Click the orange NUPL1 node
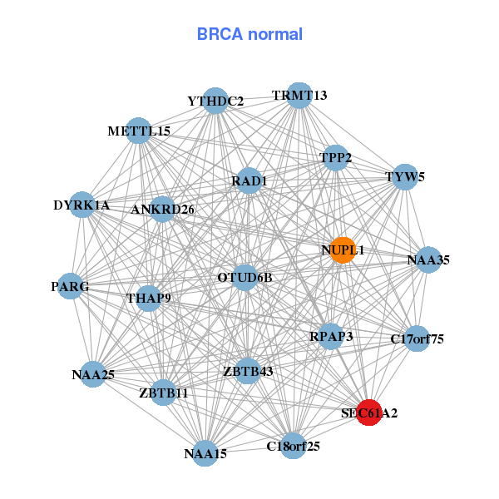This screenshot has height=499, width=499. point(343,250)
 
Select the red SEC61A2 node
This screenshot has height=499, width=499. point(369,413)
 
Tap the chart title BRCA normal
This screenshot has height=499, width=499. point(249,34)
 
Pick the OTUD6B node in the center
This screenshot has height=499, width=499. point(245,277)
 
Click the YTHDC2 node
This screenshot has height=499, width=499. point(215,101)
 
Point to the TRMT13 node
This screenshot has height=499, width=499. point(299,96)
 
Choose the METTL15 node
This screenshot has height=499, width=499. point(139,131)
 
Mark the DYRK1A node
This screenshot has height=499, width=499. point(82,205)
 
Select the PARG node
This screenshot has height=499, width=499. point(70,286)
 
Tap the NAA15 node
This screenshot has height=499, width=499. point(205,453)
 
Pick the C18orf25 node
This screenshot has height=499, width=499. point(293,446)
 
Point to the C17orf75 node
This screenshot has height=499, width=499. point(417,338)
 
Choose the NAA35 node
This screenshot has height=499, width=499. point(428,260)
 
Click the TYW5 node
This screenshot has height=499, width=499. point(405,177)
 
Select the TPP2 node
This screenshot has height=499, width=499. point(335,157)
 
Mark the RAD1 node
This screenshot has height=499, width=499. point(249,180)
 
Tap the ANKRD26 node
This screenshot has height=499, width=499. point(163,209)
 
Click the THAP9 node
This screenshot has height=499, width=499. point(148,298)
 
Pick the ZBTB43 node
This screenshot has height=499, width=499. point(248,370)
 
